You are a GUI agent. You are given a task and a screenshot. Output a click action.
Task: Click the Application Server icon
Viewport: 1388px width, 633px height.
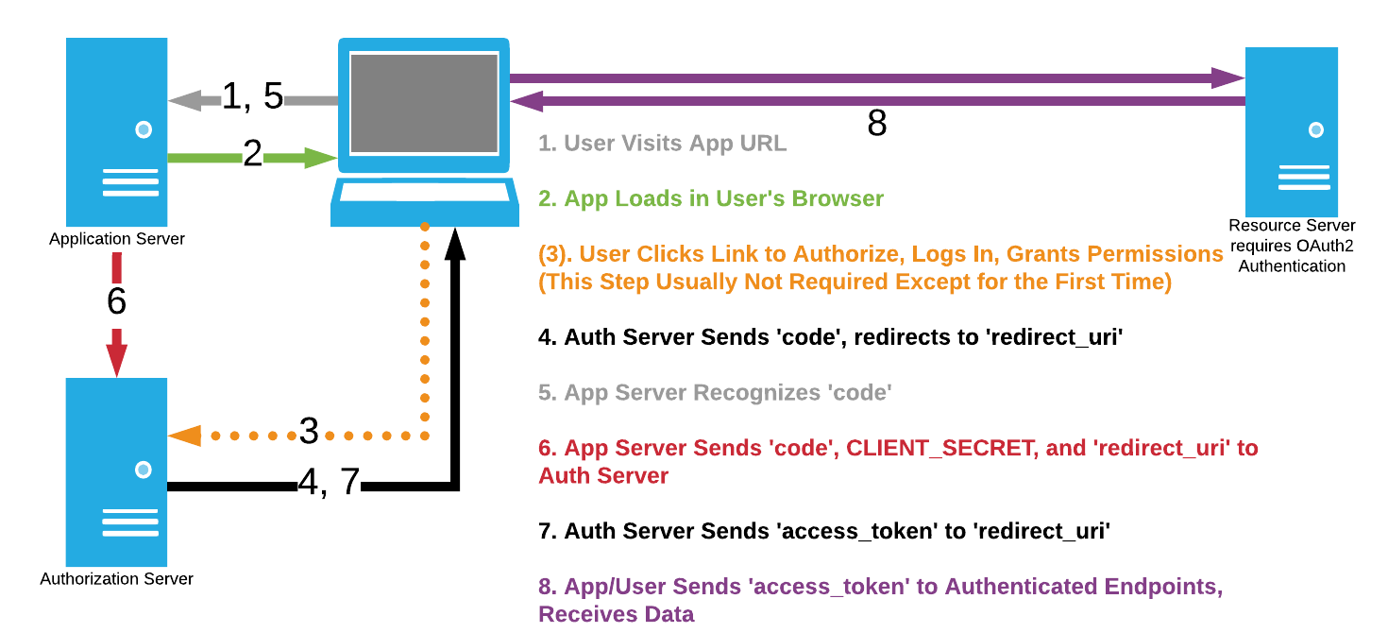pyautogui.click(x=116, y=131)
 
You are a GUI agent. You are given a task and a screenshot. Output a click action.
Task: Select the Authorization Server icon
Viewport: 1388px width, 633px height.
pyautogui.click(x=116, y=471)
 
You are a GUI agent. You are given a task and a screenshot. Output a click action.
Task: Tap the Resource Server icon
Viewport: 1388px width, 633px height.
pyautogui.click(x=1292, y=131)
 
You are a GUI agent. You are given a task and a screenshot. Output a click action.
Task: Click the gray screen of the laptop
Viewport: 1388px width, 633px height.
pyautogui.click(x=424, y=103)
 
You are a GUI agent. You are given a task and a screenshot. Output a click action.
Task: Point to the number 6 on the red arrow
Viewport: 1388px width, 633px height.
pyautogui.click(x=116, y=300)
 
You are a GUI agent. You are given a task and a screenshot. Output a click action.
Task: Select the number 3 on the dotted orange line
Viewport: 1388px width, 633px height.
pyautogui.click(x=309, y=431)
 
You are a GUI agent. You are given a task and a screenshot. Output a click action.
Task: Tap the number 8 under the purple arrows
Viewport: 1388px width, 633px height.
pyautogui.click(x=876, y=124)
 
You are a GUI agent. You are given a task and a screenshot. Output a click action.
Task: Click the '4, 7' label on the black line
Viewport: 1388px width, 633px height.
pyautogui.click(x=329, y=483)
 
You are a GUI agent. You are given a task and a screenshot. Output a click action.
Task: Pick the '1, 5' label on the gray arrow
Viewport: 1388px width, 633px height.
pyautogui.click(x=252, y=95)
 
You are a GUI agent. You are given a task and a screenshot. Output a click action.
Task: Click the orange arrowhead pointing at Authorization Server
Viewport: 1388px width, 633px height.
pyautogui.click(x=185, y=436)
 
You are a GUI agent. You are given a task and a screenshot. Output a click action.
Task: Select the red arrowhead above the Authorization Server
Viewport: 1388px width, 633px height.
pyautogui.click(x=116, y=358)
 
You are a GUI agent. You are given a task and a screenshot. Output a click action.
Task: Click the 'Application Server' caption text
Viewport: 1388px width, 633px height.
pyautogui.click(x=116, y=239)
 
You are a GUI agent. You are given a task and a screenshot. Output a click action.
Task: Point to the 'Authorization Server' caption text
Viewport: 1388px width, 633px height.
pyautogui.click(x=116, y=579)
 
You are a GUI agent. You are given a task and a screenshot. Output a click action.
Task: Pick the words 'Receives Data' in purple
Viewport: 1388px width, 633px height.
pyautogui.click(x=616, y=614)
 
